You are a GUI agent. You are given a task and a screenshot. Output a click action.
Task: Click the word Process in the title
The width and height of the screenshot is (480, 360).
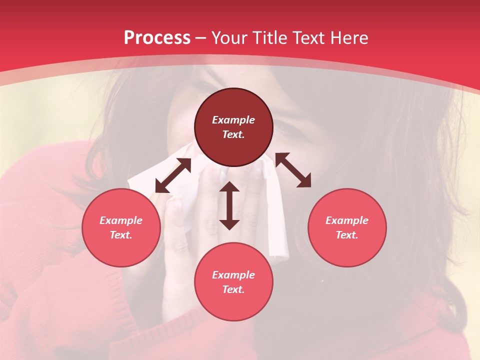click(x=157, y=38)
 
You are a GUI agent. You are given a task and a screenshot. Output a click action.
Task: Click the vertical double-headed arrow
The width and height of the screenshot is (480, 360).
click(x=229, y=205)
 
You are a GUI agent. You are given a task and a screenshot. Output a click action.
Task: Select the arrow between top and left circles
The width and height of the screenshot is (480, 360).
click(x=173, y=175)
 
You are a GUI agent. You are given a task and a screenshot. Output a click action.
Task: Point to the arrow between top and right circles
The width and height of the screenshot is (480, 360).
click(x=293, y=170)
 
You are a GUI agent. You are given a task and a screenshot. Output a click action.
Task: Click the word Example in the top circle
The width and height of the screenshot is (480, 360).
click(x=233, y=120)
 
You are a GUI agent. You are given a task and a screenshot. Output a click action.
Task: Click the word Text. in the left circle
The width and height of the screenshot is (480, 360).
click(x=121, y=235)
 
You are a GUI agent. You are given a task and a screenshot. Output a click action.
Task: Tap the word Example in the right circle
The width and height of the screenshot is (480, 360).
click(x=347, y=220)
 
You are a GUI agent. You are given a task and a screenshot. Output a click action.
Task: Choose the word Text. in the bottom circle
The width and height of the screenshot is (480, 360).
click(x=233, y=289)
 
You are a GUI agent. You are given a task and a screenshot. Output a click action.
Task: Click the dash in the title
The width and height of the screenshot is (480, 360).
click(x=201, y=38)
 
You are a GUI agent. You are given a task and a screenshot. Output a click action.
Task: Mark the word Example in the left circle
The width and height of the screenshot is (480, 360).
click(x=121, y=220)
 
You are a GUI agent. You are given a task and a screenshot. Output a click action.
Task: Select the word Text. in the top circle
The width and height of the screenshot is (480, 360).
click(x=233, y=134)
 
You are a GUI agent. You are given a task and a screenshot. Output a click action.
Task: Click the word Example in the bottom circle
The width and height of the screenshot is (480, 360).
click(x=233, y=275)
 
